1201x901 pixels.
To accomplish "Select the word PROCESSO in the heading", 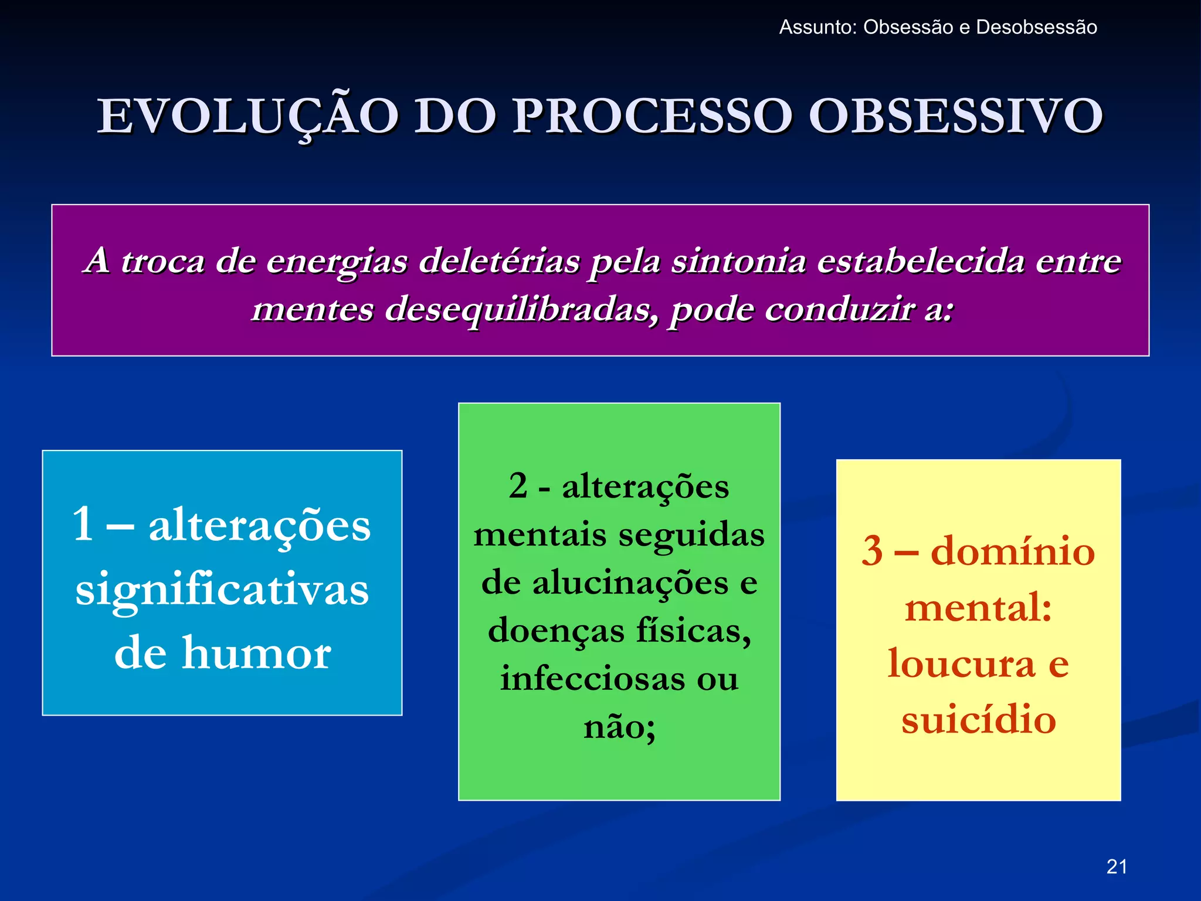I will coord(653,117).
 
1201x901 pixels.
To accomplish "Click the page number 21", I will coord(1117,866).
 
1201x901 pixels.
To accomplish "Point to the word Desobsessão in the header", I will coord(1036,28).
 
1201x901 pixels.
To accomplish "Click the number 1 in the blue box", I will coord(83,524).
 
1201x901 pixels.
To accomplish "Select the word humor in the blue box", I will coord(256,653).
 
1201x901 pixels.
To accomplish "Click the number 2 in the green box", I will coord(518,486).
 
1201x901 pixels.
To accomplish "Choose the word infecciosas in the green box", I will coord(592,679).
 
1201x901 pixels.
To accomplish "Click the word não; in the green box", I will coord(619,727).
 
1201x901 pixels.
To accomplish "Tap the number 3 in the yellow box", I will coord(873,551).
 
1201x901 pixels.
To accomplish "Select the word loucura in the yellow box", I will coord(961,663).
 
